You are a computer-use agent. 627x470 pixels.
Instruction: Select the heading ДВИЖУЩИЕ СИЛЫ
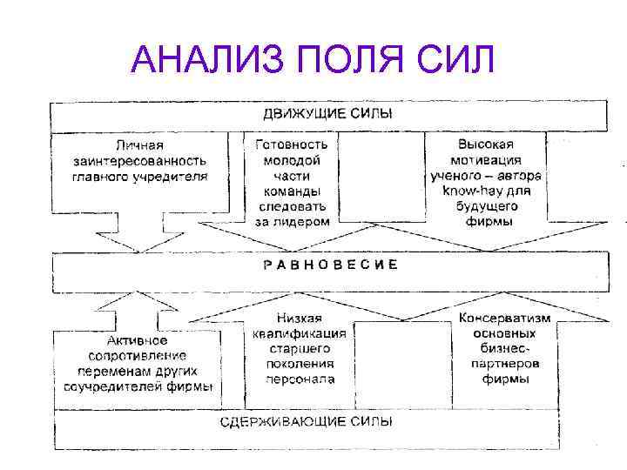pos(327,114)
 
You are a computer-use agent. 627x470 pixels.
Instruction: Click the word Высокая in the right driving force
pos(486,144)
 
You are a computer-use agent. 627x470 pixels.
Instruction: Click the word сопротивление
pos(138,356)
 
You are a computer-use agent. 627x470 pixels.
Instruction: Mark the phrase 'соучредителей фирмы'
pos(138,387)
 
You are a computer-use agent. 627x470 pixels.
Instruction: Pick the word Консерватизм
pos(505,319)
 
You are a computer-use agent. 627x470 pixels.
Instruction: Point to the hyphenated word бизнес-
pos(505,350)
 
